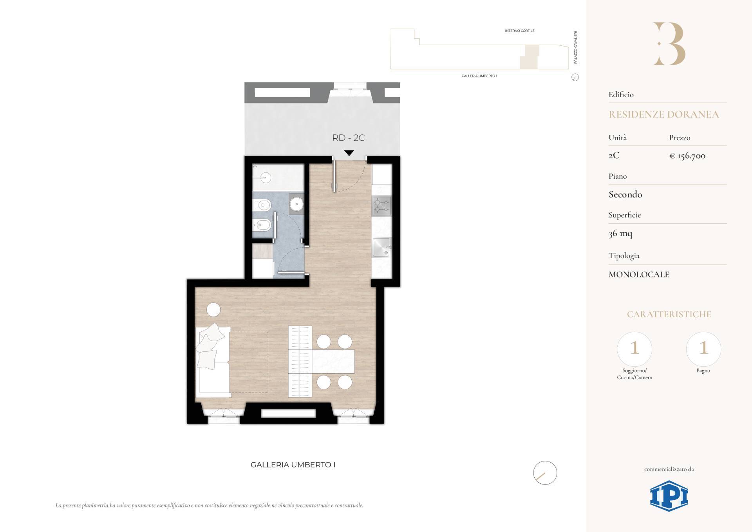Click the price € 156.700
coord(687,156)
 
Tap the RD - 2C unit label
coord(348,138)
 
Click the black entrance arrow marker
coord(349,153)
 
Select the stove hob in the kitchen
coord(381,205)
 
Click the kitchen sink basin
coord(381,247)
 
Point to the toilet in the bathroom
coord(262,204)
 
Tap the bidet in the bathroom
coord(262,225)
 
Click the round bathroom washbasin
coord(296,203)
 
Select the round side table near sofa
coord(213,310)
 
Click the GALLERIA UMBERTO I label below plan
coord(293,465)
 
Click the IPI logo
coord(669,496)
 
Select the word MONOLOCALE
coord(639,274)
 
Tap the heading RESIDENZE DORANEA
coord(663,114)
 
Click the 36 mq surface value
coord(620,233)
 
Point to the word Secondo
coord(625,194)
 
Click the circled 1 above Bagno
coord(703,348)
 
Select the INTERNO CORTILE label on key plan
coord(520,31)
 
